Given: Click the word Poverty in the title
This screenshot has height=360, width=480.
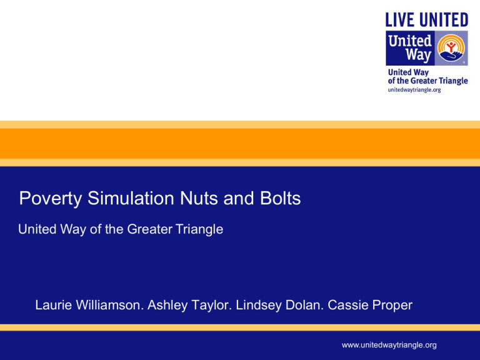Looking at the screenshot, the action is (51, 199).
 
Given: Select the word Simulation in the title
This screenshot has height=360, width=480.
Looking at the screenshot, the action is (131, 198).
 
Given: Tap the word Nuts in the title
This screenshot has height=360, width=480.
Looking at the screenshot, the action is (199, 198).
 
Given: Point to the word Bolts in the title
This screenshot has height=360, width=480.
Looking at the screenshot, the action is (281, 198).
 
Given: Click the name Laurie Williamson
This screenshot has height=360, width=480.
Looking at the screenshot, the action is (89, 305).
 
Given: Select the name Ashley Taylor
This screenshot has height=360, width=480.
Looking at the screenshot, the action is (189, 305).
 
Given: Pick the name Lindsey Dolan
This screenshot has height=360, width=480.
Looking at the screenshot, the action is (279, 305).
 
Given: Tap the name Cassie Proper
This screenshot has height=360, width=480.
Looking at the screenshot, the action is (370, 305).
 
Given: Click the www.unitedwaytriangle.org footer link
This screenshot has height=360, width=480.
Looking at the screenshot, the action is (389, 345).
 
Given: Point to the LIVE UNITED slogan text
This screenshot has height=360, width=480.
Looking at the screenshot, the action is (427, 20).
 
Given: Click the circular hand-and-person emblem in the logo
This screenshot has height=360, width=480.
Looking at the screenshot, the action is (451, 47).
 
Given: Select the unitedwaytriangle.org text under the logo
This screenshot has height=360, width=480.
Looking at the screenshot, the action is (414, 90).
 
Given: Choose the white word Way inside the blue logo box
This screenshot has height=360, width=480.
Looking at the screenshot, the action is (418, 55).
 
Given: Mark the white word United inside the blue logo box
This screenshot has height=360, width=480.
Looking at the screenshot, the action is (410, 41).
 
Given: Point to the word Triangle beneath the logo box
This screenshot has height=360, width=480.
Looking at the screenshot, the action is (453, 81).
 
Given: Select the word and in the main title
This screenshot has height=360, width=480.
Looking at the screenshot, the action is (239, 198).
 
